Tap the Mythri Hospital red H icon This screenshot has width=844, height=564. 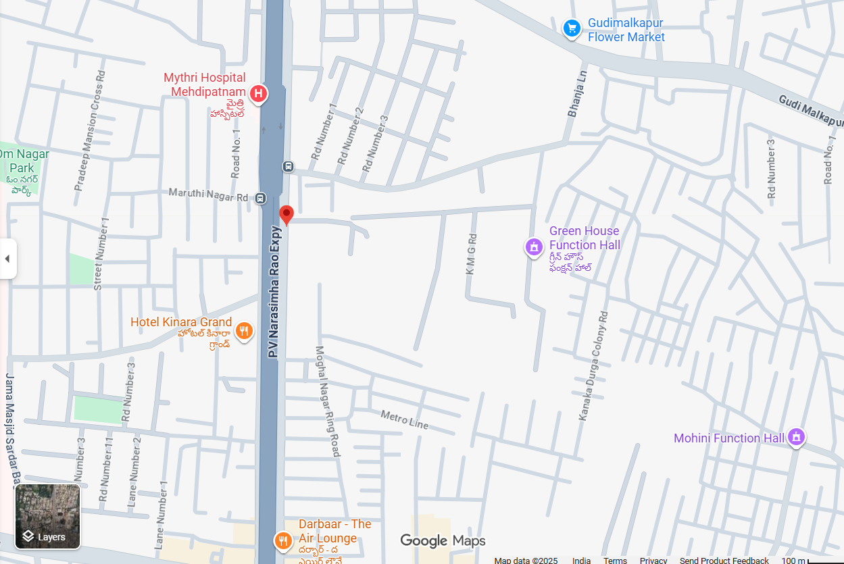[x=258, y=94]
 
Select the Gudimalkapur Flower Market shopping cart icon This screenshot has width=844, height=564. [x=572, y=28]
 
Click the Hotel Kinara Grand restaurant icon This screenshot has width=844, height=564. [x=245, y=331]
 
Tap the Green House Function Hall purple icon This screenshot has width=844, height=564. [x=534, y=247]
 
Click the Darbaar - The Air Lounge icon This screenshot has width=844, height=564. [x=282, y=540]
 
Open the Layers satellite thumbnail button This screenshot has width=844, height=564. [x=48, y=517]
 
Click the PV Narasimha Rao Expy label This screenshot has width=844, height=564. [x=274, y=291]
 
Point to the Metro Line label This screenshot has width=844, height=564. [x=405, y=419]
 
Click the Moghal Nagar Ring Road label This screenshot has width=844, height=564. [x=328, y=401]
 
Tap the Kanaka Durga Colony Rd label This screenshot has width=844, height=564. [x=594, y=365]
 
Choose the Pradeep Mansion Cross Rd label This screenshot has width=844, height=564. [x=90, y=130]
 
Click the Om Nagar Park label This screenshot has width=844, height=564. [x=24, y=161]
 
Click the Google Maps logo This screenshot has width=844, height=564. [x=443, y=540]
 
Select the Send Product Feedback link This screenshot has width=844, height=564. [x=724, y=560]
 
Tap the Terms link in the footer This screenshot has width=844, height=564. [x=615, y=560]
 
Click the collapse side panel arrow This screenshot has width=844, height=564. [x=7, y=259]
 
